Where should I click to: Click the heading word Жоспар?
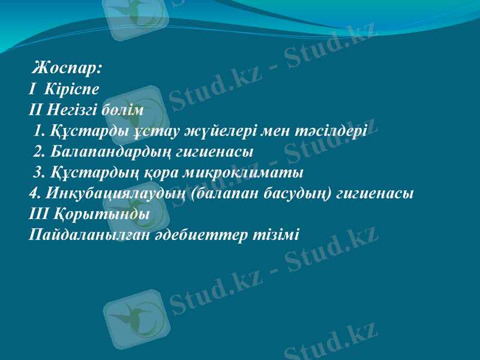(x=67, y=67)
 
